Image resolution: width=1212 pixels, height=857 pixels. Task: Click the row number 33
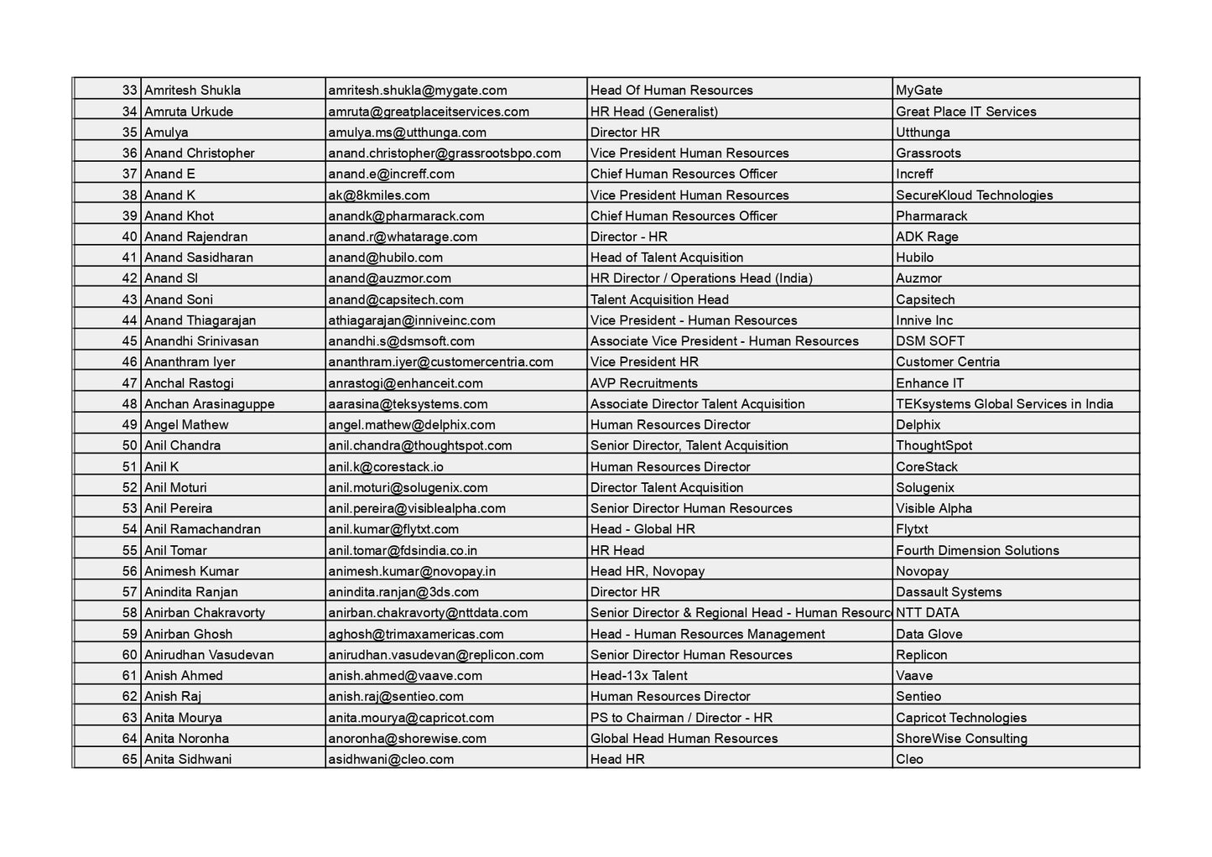(x=129, y=90)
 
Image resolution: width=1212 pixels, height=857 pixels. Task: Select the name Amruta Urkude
(x=189, y=111)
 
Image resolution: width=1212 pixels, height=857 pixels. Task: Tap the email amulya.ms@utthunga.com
(x=407, y=132)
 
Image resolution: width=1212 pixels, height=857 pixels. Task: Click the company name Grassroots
(x=928, y=153)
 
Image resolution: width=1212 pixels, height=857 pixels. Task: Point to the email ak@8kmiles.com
(x=378, y=195)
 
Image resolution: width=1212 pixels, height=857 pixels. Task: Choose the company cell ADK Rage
(x=926, y=236)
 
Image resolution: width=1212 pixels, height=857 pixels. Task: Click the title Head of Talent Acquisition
(x=666, y=257)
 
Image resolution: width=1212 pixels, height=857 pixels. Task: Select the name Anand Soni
(x=179, y=299)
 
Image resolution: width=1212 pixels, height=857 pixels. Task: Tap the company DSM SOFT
(x=929, y=341)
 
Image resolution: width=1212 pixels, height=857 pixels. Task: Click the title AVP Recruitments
(x=643, y=383)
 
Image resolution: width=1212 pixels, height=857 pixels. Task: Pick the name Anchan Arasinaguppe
(x=209, y=404)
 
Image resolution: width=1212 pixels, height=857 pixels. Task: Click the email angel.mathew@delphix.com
(x=411, y=424)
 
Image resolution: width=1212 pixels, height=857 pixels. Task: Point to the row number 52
(x=129, y=487)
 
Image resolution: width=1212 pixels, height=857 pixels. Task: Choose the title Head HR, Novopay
(x=647, y=571)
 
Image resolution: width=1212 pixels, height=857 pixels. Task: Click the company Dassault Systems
(x=948, y=592)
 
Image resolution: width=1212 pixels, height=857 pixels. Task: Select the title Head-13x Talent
(x=638, y=675)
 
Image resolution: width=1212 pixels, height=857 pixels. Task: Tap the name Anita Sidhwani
(x=188, y=759)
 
